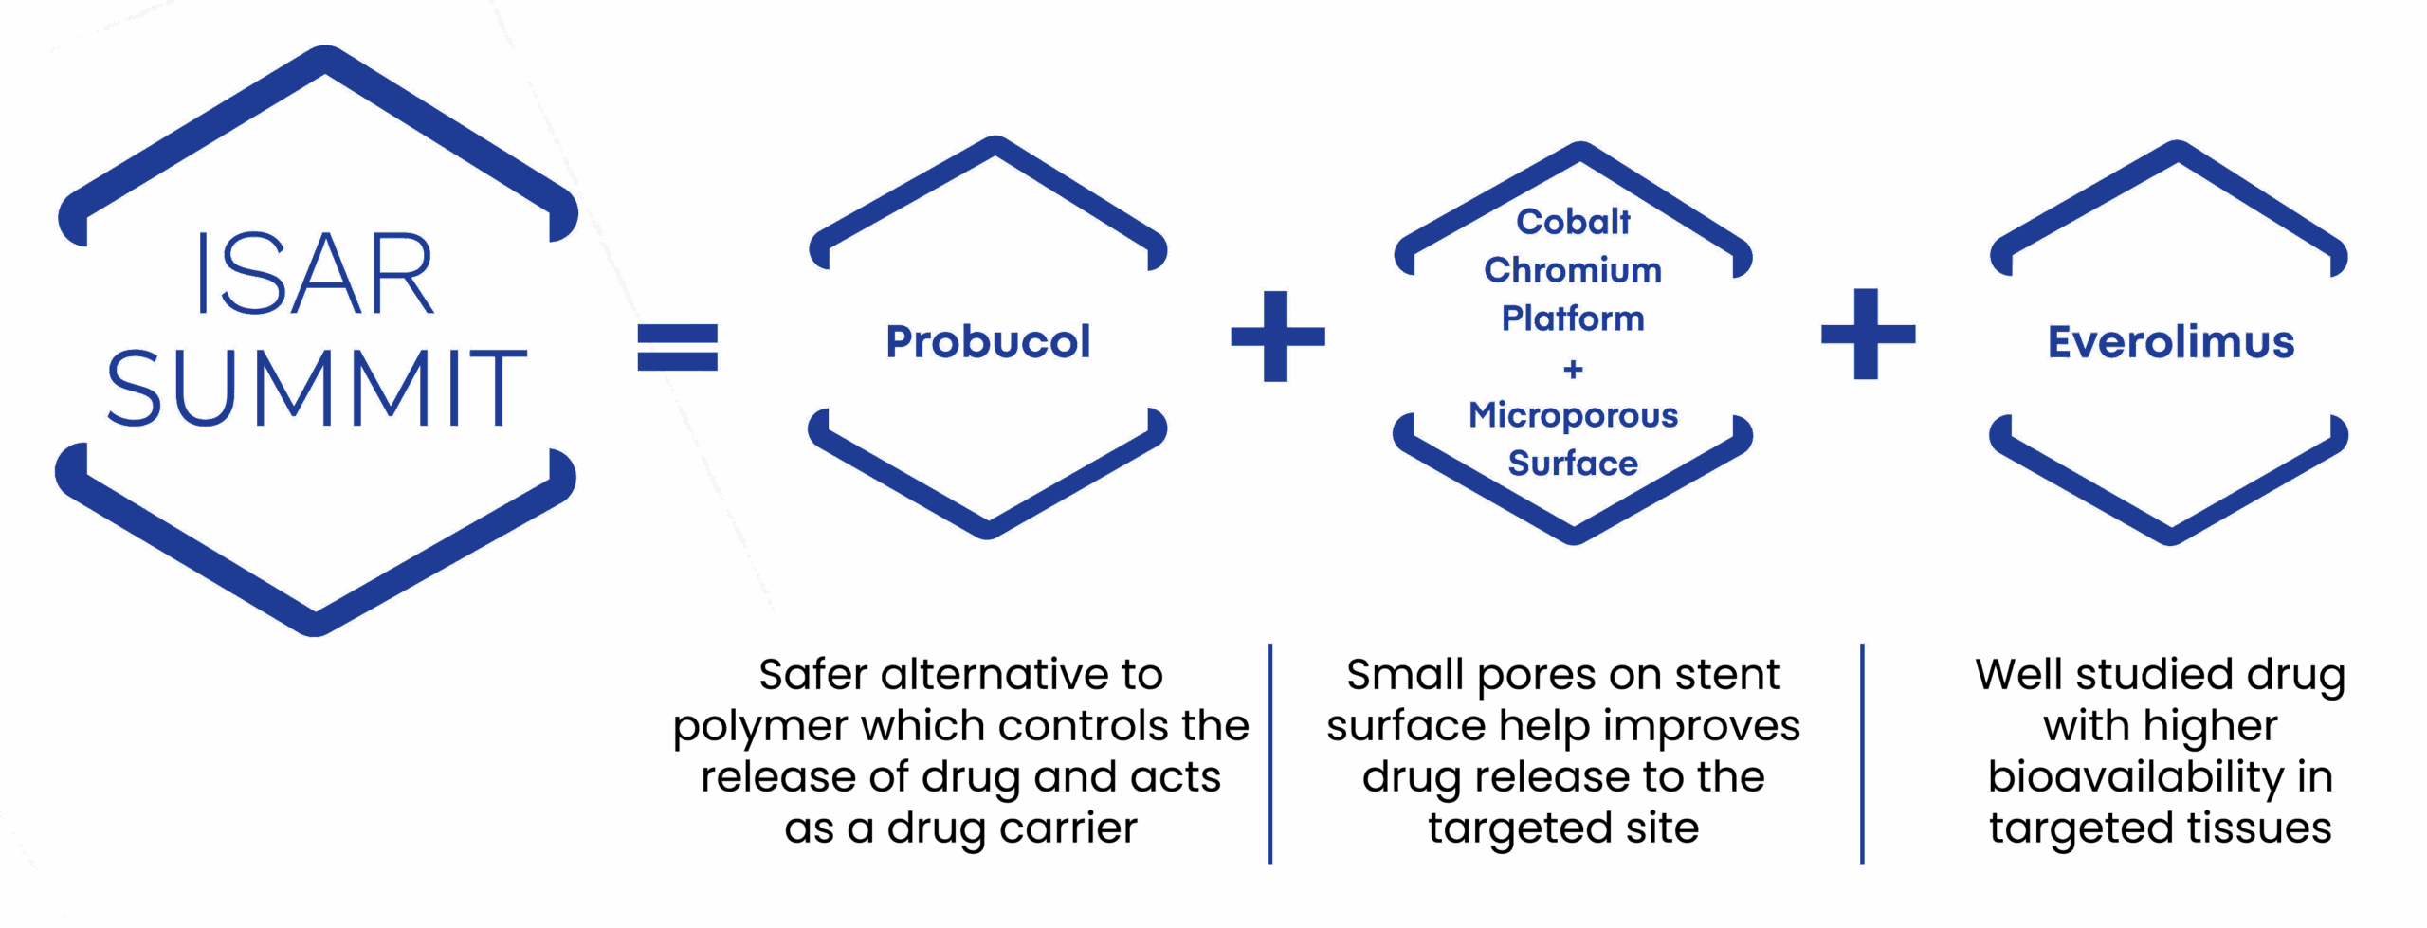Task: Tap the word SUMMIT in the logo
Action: [x=315, y=387]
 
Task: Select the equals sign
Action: [x=679, y=347]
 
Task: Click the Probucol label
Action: [x=988, y=342]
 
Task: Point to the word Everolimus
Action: [x=2170, y=342]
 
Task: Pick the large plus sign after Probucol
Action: [x=1277, y=336]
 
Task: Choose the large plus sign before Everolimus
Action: [x=1868, y=334]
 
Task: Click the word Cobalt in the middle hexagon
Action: [x=1573, y=222]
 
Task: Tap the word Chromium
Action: [x=1573, y=271]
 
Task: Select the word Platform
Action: [x=1573, y=318]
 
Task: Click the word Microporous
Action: [x=1573, y=415]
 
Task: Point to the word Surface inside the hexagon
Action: [x=1573, y=464]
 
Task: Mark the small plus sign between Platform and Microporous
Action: [x=1574, y=368]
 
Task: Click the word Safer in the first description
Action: [x=813, y=675]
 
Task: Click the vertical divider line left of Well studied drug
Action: [x=1863, y=754]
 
